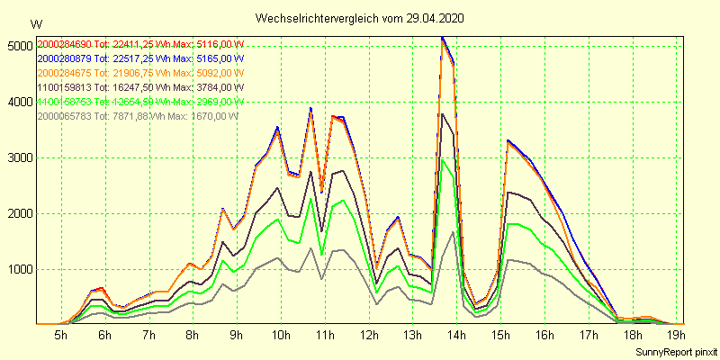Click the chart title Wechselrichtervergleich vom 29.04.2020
(360, 18)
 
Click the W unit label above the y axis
(35, 23)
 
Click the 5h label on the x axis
(61, 336)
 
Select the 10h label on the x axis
(281, 336)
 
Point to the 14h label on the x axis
(456, 336)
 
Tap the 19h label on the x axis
(675, 336)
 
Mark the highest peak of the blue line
(442, 37)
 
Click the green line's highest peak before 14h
(442, 159)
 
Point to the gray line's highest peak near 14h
(452, 231)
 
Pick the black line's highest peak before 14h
(441, 113)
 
